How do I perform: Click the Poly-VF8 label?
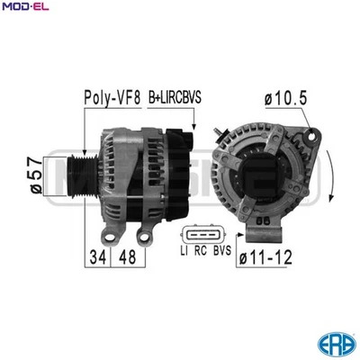tap(112, 97)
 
